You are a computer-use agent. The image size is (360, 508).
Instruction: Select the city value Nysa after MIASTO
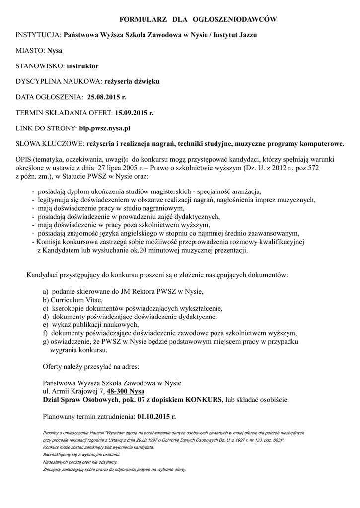pos(55,50)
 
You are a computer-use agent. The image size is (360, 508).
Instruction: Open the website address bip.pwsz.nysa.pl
pos(104,128)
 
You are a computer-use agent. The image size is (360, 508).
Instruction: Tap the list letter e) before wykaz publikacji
pos(46,324)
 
